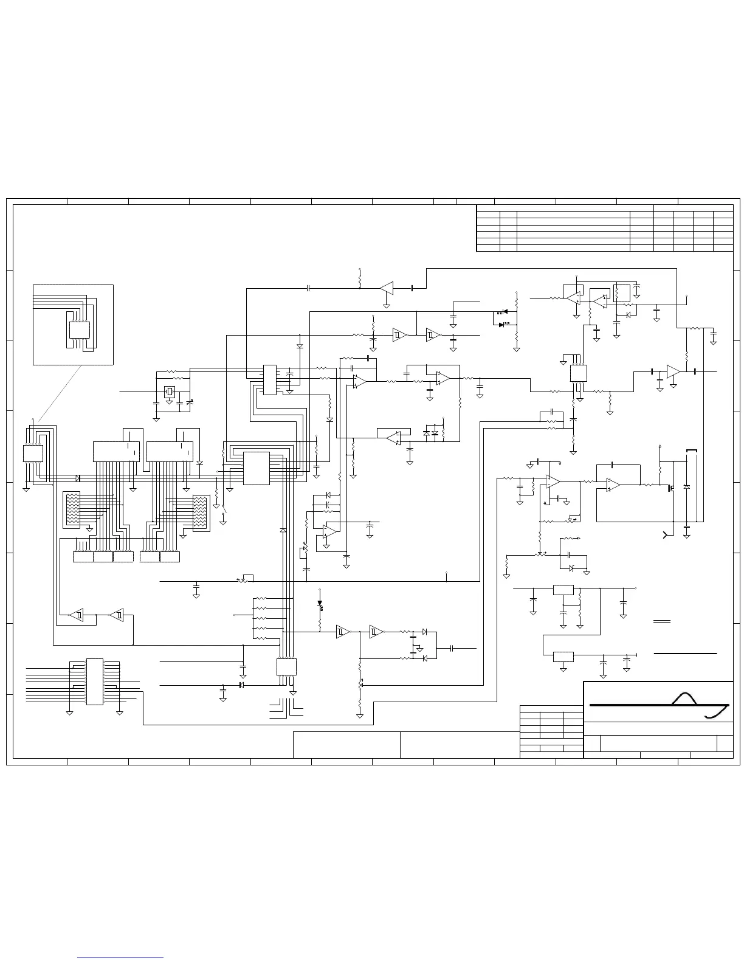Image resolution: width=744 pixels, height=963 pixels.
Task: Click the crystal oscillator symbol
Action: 170,392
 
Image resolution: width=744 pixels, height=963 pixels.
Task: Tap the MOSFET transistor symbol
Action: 673,487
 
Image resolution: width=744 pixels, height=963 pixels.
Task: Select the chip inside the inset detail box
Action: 80,330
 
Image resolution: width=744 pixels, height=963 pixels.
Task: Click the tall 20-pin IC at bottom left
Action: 94,682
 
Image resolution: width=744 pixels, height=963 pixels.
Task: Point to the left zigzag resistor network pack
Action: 72,509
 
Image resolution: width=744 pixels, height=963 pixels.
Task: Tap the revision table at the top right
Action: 604,228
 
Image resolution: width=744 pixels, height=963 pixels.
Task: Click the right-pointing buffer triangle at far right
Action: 673,371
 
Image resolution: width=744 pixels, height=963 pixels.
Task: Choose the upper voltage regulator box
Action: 563,589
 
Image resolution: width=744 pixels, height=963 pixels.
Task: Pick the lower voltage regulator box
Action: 563,657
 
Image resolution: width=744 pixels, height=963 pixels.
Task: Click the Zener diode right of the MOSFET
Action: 687,487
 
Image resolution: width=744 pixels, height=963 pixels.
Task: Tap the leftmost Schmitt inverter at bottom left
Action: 76,615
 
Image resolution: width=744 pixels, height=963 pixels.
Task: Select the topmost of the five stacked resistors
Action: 260,599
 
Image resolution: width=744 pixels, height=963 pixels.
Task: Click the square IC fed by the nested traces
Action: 256,468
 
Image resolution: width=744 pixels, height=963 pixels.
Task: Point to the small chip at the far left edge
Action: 33,454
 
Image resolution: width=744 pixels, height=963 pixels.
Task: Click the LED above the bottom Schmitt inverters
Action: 320,604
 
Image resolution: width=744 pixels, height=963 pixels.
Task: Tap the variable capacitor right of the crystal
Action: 190,402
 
